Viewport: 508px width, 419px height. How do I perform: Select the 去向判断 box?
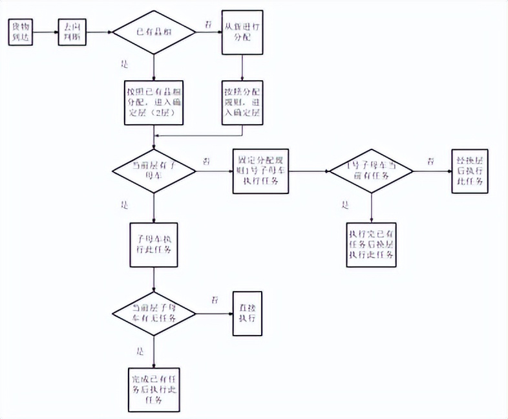[71, 31]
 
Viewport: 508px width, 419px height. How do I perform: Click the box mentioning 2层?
[153, 103]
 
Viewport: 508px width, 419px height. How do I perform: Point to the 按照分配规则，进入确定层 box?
[242, 103]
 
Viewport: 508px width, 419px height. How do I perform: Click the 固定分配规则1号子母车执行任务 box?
[262, 171]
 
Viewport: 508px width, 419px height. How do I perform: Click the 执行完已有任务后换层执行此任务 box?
[372, 244]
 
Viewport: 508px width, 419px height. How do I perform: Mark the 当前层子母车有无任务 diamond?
[154, 314]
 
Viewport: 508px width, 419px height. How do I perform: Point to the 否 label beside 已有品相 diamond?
[207, 24]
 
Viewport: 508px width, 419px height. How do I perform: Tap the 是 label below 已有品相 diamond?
[125, 64]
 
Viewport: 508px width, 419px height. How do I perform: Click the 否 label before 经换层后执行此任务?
[430, 160]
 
